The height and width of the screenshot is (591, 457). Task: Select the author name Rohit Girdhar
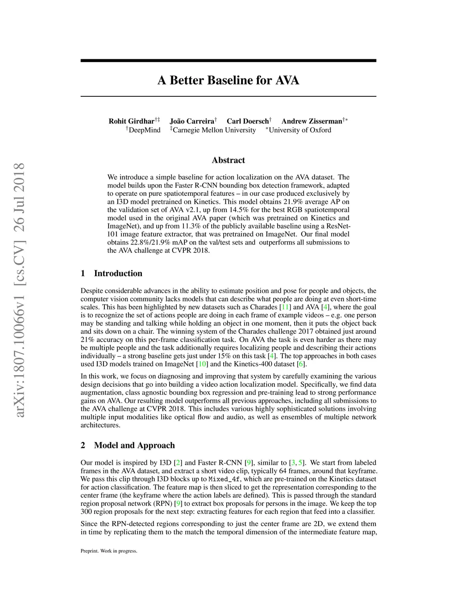click(x=131, y=121)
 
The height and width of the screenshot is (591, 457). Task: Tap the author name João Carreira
click(x=192, y=121)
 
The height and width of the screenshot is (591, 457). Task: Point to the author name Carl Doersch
click(x=248, y=121)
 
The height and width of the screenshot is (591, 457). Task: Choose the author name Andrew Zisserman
click(x=312, y=121)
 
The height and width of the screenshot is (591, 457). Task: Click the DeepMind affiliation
click(x=144, y=130)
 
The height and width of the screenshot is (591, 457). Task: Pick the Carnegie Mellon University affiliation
click(x=214, y=130)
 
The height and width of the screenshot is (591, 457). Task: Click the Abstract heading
click(x=228, y=160)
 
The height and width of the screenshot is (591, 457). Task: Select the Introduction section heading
click(x=118, y=273)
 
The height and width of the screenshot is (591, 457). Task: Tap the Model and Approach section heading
click(x=134, y=445)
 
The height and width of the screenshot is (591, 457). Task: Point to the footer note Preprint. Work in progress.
click(x=109, y=551)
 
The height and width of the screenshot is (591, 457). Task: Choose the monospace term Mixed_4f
click(x=224, y=479)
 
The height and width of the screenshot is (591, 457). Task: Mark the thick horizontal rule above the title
click(x=228, y=61)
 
